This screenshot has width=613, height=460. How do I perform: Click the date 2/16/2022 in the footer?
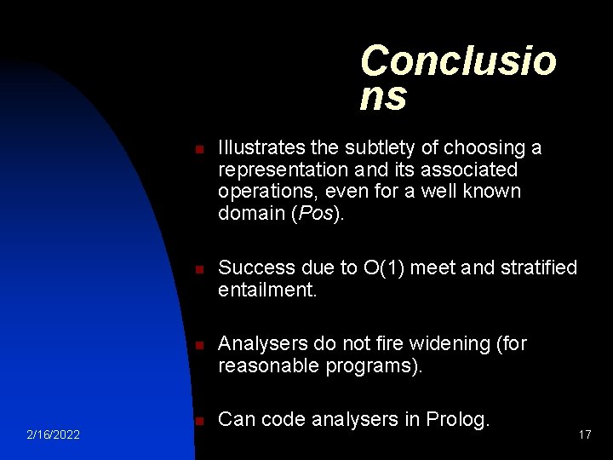(53, 435)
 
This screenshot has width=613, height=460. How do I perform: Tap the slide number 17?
(584, 435)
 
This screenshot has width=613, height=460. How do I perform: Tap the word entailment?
(266, 290)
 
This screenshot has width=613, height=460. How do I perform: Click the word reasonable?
(269, 365)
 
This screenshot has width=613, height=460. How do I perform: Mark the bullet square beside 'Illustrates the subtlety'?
(198, 150)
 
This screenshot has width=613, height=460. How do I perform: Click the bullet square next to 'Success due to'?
(198, 269)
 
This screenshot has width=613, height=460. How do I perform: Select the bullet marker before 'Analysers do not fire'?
(198, 345)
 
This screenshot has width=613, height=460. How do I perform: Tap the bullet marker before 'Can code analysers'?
(198, 421)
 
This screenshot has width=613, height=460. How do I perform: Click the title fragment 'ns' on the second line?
(383, 96)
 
